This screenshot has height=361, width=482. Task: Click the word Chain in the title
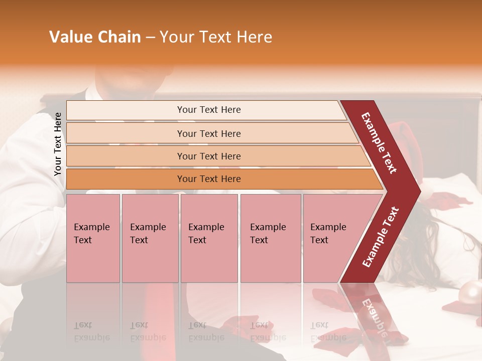point(118,37)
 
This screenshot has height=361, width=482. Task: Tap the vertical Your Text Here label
point(58,144)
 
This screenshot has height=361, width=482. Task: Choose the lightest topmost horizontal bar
point(208,110)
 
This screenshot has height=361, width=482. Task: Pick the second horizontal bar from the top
point(208,133)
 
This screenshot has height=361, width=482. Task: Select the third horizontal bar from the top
point(208,156)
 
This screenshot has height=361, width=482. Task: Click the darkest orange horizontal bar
point(208,179)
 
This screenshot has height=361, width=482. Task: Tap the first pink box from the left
point(93,238)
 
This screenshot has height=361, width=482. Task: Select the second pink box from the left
point(150,238)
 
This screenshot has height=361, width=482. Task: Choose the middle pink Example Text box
point(209,238)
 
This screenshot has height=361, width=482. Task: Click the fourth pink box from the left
point(271,238)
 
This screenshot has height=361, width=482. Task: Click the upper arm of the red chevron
point(380,143)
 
